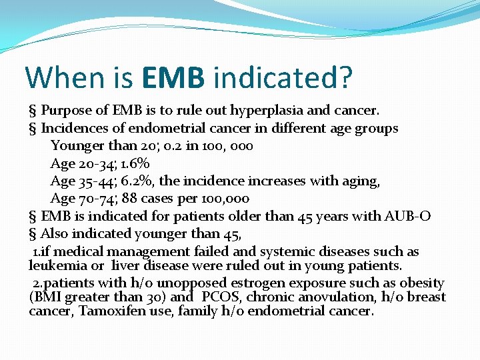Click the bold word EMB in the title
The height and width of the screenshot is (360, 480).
tap(173, 77)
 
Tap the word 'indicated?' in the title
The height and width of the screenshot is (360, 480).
tap(282, 77)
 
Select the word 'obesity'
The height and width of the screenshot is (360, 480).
tap(421, 283)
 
